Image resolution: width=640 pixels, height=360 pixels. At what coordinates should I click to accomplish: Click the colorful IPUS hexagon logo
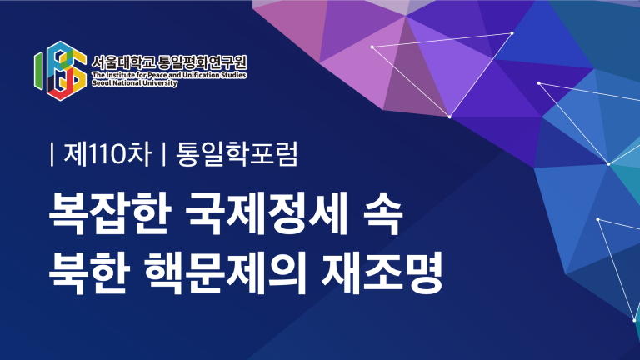[60, 71]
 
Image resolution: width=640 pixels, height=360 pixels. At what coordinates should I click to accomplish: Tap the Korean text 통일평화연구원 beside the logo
[202, 62]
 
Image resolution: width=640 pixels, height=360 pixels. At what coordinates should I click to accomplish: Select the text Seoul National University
[135, 82]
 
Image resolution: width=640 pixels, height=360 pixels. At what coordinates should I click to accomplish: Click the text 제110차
[107, 154]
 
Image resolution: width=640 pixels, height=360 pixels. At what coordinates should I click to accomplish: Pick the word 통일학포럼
[237, 154]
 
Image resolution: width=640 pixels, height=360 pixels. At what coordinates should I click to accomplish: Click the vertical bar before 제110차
[52, 154]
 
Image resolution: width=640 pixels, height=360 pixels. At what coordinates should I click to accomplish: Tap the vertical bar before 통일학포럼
[164, 154]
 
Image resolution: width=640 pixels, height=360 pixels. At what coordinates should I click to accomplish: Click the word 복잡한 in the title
[109, 214]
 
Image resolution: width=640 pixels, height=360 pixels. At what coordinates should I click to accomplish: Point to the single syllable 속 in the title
[382, 214]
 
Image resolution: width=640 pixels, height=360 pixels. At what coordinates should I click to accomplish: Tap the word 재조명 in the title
[382, 273]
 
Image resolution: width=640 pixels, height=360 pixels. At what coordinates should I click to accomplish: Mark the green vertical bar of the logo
[38, 72]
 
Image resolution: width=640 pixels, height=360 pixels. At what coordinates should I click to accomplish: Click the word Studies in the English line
[234, 75]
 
